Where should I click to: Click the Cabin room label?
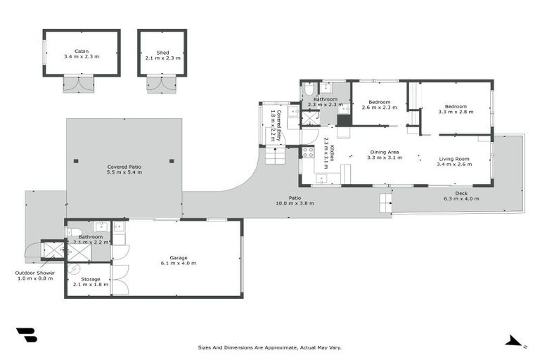pos(81,51)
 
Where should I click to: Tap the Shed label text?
pos(162,51)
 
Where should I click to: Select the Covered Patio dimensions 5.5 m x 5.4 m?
pos(124,172)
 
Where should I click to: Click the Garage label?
pos(177,258)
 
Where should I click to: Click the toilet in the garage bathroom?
pos(75,231)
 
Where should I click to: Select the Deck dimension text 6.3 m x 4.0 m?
pos(461,199)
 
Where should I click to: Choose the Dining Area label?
pos(385,152)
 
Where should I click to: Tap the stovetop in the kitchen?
pos(307,151)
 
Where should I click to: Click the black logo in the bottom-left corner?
pos(26,335)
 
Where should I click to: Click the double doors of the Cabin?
pos(77,84)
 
